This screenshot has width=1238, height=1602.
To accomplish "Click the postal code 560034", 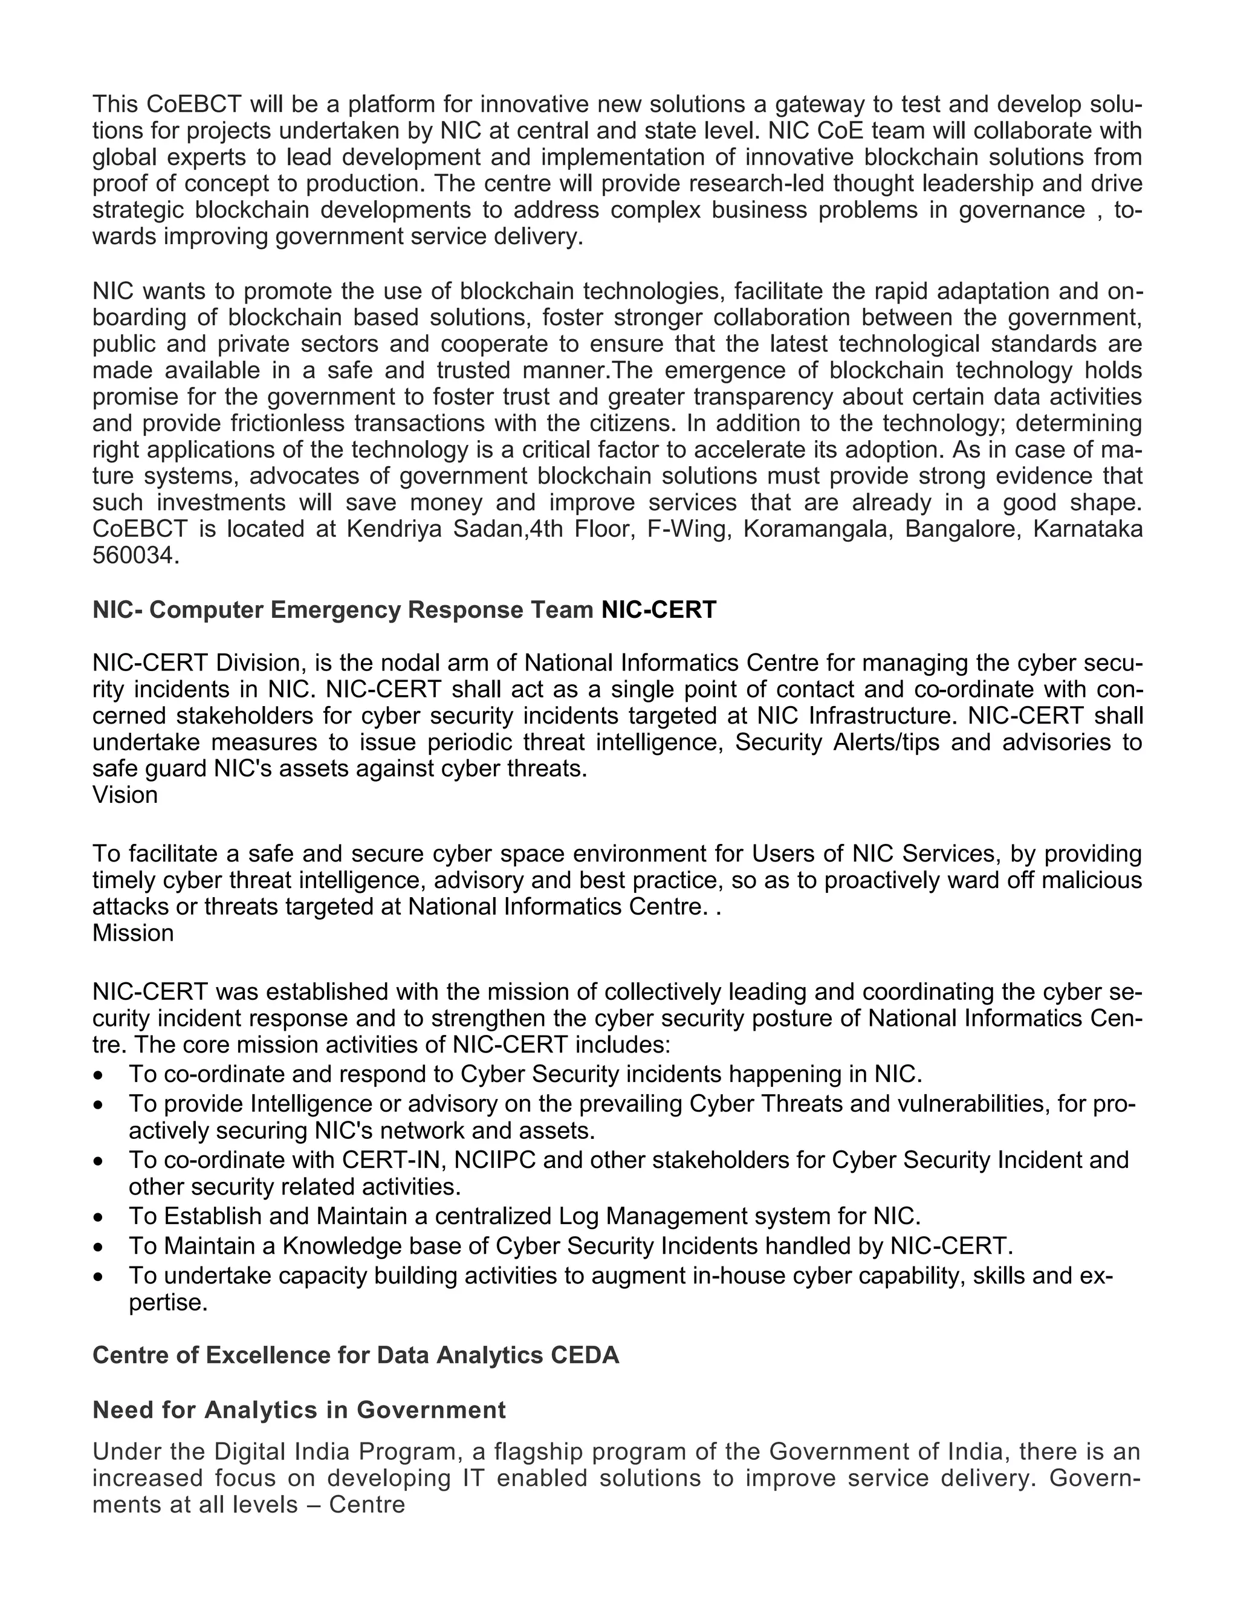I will click(x=134, y=556).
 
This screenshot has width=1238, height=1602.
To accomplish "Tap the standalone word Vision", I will click(x=125, y=795).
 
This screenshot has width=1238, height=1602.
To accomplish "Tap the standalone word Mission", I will click(x=133, y=933).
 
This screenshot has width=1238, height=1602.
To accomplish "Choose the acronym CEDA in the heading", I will click(x=585, y=1355).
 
